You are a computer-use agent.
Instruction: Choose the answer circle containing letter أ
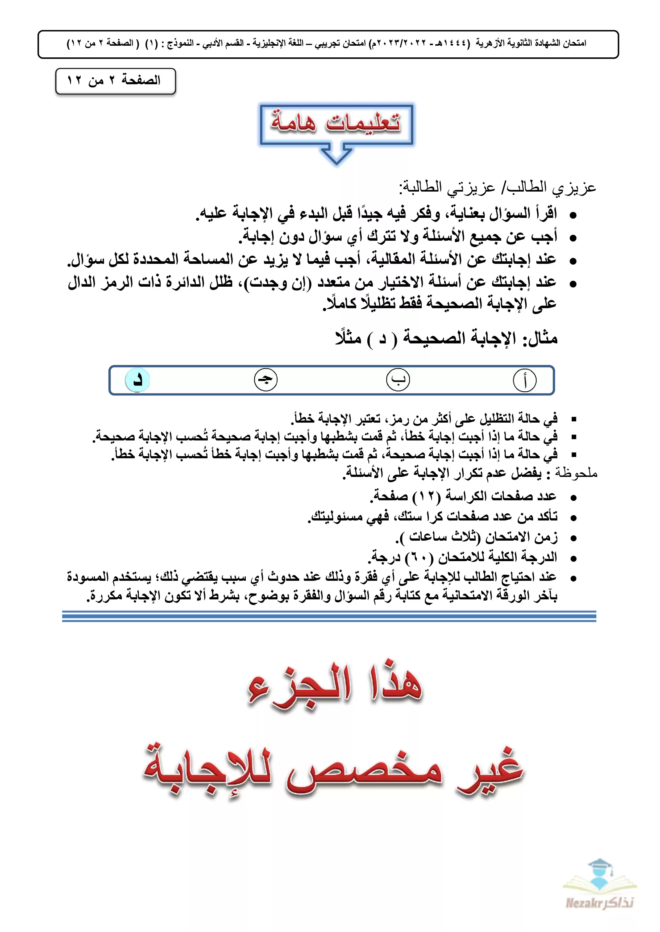[525, 380]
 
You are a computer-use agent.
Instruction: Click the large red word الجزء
[300, 686]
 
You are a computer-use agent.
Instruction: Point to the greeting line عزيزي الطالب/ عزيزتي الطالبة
[497, 188]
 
